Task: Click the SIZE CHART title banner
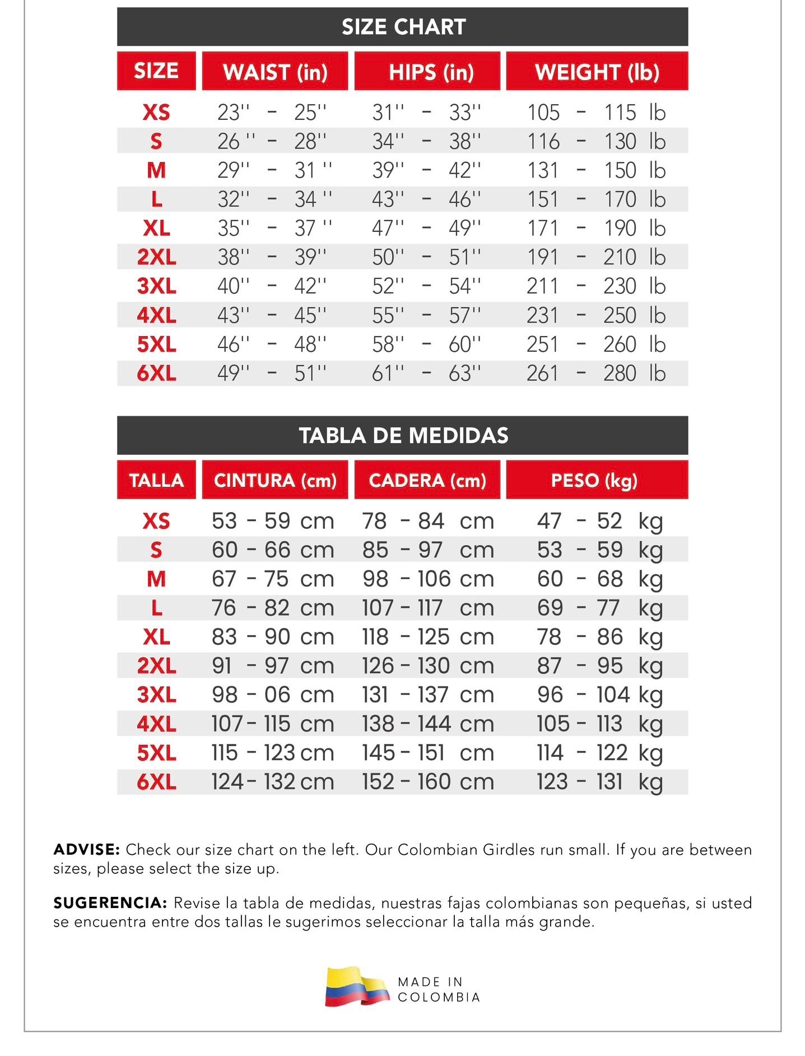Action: (403, 27)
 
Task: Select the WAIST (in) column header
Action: (274, 72)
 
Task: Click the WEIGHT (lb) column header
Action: (597, 72)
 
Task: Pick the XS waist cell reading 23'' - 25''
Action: (272, 113)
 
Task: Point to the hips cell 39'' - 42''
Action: (426, 170)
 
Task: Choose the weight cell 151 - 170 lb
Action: (595, 199)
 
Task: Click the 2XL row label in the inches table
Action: (156, 257)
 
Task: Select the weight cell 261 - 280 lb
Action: (595, 373)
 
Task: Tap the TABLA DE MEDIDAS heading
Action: (403, 435)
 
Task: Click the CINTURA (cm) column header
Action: (274, 480)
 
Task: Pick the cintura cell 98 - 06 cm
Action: (272, 695)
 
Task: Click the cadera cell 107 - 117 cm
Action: (427, 608)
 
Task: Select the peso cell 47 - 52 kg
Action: (599, 521)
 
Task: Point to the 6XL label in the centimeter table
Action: (156, 781)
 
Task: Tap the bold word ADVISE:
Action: (86, 849)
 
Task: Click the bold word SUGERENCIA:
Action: (110, 903)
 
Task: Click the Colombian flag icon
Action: (357, 987)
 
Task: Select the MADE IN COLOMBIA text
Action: (439, 989)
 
